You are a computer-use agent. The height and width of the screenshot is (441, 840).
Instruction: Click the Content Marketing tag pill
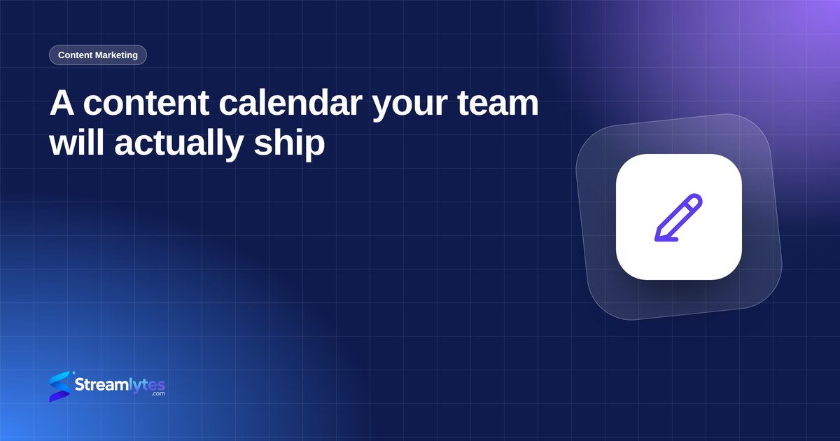pos(98,55)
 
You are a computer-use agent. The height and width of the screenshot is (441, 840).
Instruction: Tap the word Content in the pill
pos(75,55)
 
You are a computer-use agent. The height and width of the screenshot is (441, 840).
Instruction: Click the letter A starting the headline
pos(62,103)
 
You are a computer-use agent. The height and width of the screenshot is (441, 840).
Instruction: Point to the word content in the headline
pos(146,103)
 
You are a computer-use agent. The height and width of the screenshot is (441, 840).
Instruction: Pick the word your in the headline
pos(410,106)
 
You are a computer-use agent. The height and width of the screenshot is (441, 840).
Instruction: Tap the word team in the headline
pos(498,103)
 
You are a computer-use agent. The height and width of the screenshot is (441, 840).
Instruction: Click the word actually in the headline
pos(179,145)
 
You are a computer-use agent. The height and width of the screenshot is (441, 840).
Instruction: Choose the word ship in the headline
pos(289,145)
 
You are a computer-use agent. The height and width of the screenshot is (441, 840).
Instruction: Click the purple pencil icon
pos(678,218)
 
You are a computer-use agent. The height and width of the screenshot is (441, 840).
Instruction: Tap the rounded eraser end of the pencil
pos(694,201)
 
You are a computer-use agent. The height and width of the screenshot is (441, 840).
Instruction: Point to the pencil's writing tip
pos(657,239)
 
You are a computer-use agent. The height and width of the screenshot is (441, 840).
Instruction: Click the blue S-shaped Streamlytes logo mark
pos(60,386)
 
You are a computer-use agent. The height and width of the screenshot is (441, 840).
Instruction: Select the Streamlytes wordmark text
pos(120,385)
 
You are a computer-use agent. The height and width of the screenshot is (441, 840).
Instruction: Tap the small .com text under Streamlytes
pos(158,393)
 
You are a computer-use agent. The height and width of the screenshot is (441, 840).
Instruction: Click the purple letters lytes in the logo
pos(146,386)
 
